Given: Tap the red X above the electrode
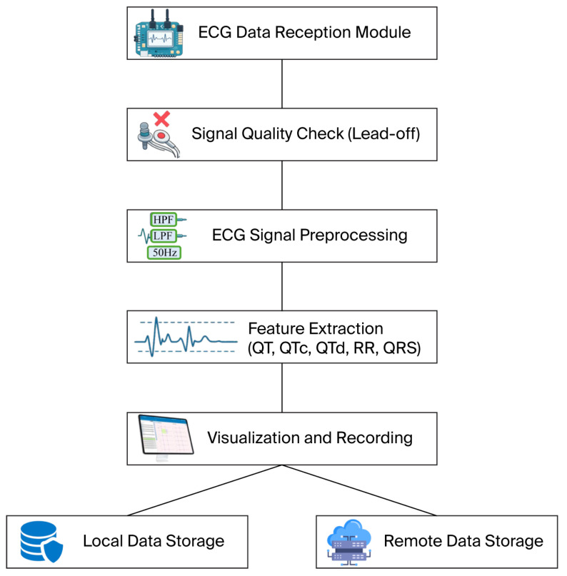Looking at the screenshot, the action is (x=161, y=118).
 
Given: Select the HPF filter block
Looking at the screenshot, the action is (x=164, y=220).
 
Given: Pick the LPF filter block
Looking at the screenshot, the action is (x=164, y=236).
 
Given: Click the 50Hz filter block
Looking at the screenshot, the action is (x=164, y=253).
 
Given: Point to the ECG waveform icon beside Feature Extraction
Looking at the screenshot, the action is (x=186, y=337).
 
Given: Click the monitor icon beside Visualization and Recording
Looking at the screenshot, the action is (x=166, y=437).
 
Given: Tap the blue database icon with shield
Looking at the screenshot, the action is (x=41, y=542).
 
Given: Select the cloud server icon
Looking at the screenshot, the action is (x=349, y=542).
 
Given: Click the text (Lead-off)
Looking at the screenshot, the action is (x=383, y=133).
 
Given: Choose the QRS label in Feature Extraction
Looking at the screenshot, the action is (x=401, y=348).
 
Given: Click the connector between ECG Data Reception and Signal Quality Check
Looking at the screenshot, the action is (x=282, y=84).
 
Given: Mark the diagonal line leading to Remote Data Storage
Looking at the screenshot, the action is (x=359, y=490).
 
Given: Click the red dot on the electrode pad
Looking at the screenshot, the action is (x=161, y=136).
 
